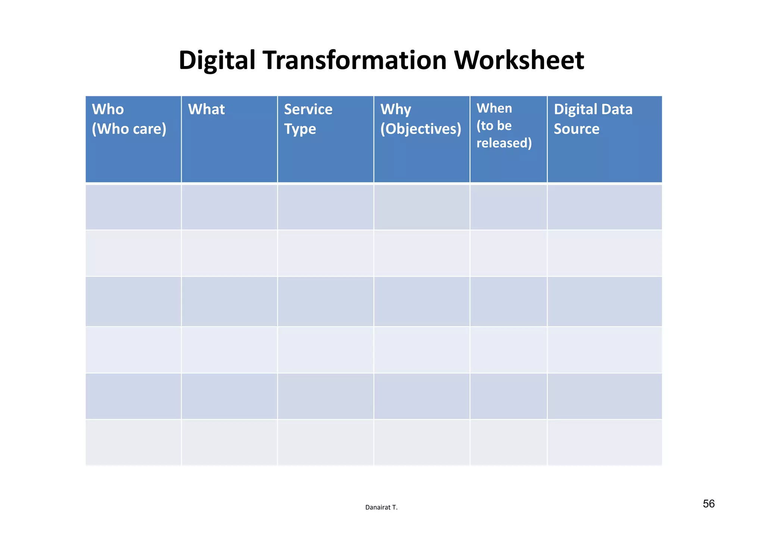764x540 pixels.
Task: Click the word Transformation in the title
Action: click(354, 60)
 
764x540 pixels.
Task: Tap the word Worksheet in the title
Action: click(519, 60)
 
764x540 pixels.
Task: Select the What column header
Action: click(206, 109)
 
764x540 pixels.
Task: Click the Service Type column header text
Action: click(308, 119)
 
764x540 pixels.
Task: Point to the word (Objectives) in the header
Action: click(420, 129)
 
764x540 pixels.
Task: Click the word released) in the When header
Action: click(504, 143)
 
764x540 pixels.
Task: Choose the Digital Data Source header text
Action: click(593, 119)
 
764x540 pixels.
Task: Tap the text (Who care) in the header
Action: click(129, 129)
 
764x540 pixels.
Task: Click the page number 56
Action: click(708, 504)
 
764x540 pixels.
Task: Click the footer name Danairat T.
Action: click(381, 507)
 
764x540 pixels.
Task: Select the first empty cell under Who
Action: click(133, 207)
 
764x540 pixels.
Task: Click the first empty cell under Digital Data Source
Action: click(604, 207)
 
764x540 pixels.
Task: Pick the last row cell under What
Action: click(229, 442)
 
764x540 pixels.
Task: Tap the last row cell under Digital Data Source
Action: click(604, 442)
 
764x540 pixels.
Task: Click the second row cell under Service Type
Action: click(325, 253)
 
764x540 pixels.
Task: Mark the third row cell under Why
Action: click(422, 301)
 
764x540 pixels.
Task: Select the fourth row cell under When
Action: click(508, 350)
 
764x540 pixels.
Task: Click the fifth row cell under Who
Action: click(133, 396)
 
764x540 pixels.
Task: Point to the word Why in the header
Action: click(395, 110)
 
